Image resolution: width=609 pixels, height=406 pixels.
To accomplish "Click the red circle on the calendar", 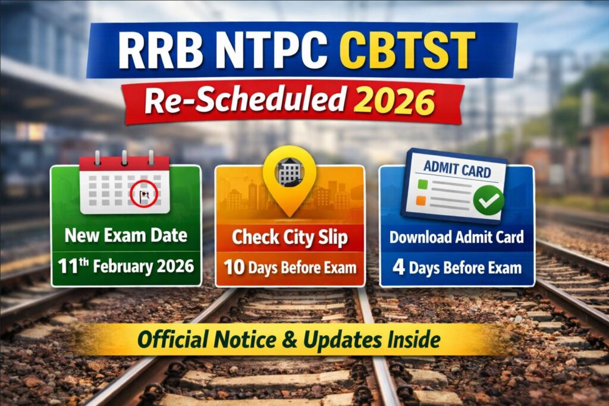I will [x=144, y=194].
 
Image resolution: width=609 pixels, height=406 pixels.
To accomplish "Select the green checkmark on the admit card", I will [x=489, y=202].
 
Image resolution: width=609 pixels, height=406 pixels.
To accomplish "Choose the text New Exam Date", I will [x=125, y=235].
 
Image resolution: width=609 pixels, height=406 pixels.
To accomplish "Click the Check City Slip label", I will [x=290, y=237].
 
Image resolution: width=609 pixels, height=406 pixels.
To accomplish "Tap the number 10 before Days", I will [x=234, y=267].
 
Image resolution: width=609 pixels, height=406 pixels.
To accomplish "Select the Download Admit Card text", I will [x=456, y=237].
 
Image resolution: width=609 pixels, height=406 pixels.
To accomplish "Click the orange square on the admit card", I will [x=421, y=201].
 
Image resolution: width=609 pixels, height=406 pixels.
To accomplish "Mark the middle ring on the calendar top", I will [x=124, y=158].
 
